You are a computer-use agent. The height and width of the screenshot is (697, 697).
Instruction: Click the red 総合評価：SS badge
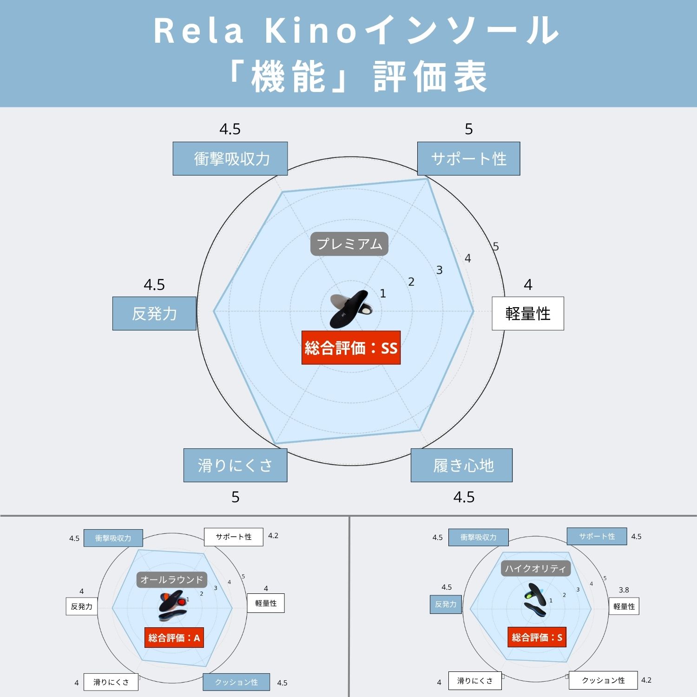click(351, 348)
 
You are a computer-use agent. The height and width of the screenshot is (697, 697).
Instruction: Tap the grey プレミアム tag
click(349, 244)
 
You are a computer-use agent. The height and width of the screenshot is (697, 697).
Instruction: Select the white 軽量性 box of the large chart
click(528, 314)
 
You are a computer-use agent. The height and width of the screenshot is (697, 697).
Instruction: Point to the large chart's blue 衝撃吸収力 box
click(230, 159)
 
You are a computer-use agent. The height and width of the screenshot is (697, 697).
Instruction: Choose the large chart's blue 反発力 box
click(154, 314)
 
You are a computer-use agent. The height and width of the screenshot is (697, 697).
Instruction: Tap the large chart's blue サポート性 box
click(468, 159)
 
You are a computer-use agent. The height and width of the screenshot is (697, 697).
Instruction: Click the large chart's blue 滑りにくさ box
click(235, 465)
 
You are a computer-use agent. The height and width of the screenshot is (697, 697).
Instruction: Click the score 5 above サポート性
click(469, 129)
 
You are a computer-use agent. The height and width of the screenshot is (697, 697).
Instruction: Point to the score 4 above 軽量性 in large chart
click(528, 284)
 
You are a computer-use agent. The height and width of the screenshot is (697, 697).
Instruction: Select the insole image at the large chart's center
click(350, 308)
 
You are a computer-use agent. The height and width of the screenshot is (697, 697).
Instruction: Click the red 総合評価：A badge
click(174, 638)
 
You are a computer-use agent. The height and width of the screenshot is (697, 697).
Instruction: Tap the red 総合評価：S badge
click(537, 638)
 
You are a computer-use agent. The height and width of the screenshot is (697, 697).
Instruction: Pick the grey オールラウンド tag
click(171, 580)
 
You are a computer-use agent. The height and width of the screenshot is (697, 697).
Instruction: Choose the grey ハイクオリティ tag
click(535, 568)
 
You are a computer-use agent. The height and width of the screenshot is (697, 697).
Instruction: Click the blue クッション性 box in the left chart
click(236, 682)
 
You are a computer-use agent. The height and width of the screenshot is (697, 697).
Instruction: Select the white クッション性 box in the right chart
click(603, 680)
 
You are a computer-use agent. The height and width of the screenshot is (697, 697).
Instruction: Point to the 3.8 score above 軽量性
click(624, 590)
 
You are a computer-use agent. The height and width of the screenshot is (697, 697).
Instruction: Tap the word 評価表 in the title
click(430, 77)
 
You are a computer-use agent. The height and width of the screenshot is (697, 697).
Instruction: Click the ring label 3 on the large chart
click(439, 270)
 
